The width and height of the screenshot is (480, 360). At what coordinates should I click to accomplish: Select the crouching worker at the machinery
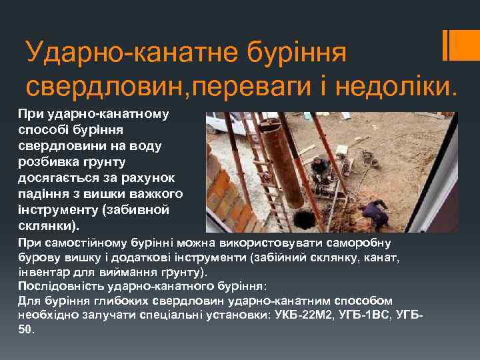321,170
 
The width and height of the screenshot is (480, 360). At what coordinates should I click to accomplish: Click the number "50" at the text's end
25,329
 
